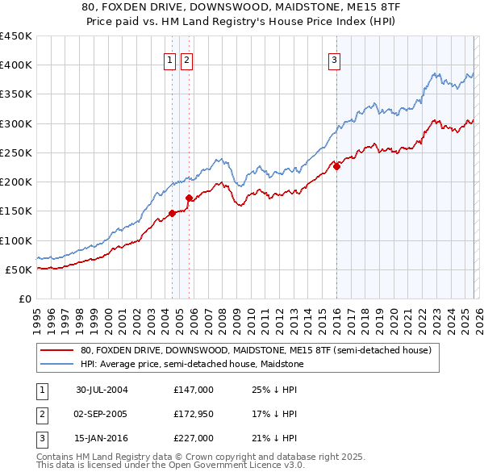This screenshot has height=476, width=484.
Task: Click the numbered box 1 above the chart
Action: pyautogui.click(x=171, y=59)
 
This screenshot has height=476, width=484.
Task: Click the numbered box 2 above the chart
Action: pyautogui.click(x=186, y=59)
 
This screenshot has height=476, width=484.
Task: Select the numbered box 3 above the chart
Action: pyautogui.click(x=334, y=59)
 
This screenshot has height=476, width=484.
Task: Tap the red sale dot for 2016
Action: pyautogui.click(x=336, y=167)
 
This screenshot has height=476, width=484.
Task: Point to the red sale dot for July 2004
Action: pyautogui.click(x=172, y=213)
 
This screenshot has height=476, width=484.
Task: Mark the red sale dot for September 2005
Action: pyautogui.click(x=189, y=198)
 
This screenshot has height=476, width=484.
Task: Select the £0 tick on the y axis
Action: pyautogui.click(x=23, y=299)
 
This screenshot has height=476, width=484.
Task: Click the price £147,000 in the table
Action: pyautogui.click(x=194, y=390)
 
